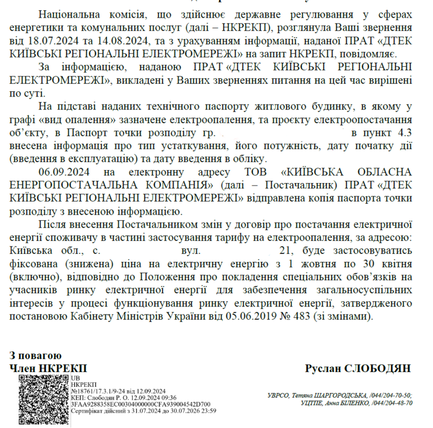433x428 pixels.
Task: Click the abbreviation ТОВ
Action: [x=256, y=172]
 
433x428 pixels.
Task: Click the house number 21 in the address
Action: [x=285, y=250]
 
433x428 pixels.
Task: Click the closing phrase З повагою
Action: [x=36, y=356]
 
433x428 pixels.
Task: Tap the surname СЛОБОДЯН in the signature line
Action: [x=379, y=368]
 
